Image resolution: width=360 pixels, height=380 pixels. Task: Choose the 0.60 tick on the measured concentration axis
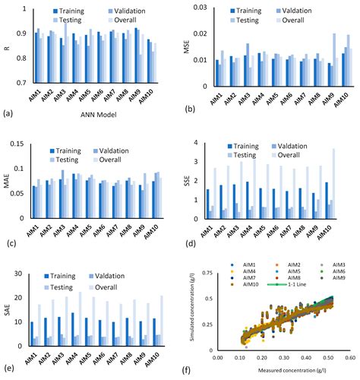[350, 356]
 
